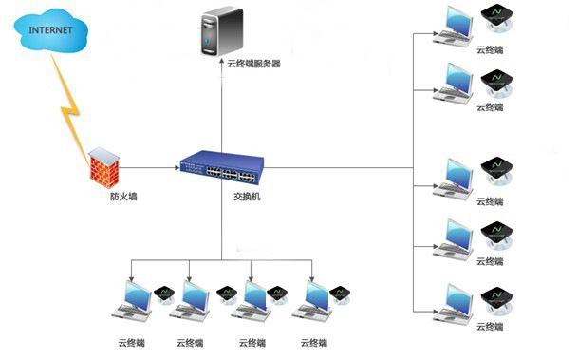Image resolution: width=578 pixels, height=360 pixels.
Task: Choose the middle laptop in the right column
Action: point(455,177)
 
